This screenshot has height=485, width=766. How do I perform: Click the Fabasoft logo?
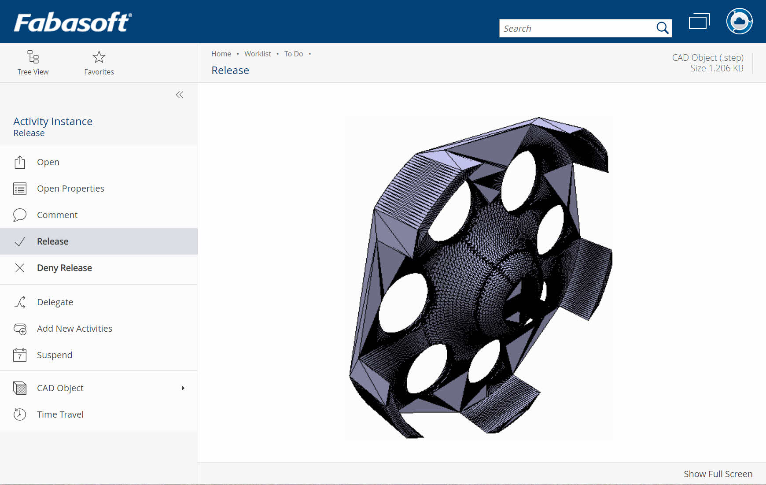tap(73, 22)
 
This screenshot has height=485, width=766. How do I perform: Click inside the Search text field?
tap(577, 28)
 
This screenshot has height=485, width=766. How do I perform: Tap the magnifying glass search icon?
tap(662, 28)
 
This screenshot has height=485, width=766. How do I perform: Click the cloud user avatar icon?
tap(739, 21)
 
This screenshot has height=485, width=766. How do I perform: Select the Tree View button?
tap(33, 63)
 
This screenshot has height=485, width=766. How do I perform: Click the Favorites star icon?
tap(99, 57)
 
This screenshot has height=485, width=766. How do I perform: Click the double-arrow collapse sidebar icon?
tap(180, 95)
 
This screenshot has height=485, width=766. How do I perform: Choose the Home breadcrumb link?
tap(221, 54)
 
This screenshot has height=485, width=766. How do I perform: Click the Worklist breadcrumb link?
tap(258, 54)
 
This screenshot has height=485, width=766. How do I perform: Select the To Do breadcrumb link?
tap(293, 54)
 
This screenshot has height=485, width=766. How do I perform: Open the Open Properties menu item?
tap(70, 189)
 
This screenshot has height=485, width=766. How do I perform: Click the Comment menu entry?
tap(57, 215)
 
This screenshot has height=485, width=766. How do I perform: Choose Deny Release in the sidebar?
tap(64, 268)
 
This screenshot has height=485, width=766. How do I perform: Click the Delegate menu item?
tap(55, 302)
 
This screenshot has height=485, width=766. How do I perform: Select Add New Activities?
tap(74, 329)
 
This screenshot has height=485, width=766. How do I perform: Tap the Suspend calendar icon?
tap(20, 355)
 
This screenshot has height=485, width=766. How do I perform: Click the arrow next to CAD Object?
tap(183, 388)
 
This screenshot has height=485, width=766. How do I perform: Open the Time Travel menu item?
tap(60, 415)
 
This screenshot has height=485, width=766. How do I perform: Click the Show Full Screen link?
tap(718, 474)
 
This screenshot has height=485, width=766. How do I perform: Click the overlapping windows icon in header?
tap(699, 21)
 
